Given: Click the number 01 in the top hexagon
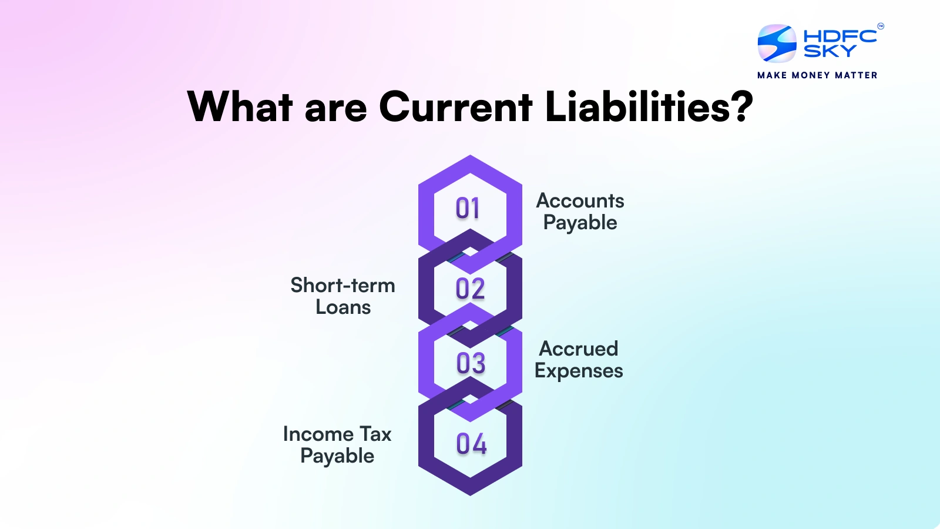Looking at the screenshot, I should pos(468,209).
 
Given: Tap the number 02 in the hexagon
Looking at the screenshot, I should pos(470,289).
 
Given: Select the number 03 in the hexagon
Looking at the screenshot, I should pos(471,363).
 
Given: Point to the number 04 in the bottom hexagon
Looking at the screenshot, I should pos(471,444).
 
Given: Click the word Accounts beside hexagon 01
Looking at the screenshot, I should pos(580,201).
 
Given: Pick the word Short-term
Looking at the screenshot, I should pos(343,286).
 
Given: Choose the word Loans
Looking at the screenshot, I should pos(343,307).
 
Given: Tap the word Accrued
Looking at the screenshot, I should pos(579,349).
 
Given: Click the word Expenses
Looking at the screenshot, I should pos(579,371).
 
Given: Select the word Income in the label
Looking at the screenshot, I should pos(318,434).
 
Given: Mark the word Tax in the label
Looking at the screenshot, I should pos(375,434).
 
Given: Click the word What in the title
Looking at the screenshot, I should pos(240,107).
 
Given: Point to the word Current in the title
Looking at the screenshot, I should pos(455,107).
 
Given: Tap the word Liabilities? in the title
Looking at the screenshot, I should pos(649,107).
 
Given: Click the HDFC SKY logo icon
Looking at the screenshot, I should pos(777,43).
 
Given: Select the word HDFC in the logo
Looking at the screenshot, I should pos(840,36).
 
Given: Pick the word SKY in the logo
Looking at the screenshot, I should pos(830,52).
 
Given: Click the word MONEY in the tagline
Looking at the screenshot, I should pos(811,75).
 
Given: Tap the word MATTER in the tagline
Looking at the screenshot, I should pos(856,75).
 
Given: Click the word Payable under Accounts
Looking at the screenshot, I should pos(580,223).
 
